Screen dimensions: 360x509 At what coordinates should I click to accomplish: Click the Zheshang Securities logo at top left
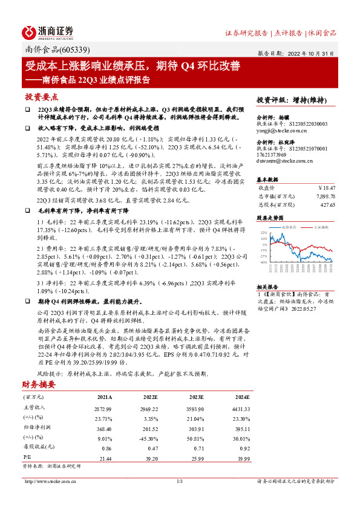click(x=48, y=33)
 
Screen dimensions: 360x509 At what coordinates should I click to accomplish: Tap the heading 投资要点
click(x=42, y=97)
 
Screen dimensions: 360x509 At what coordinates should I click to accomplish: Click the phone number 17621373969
click(x=273, y=155)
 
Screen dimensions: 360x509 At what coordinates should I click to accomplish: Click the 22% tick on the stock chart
click(x=263, y=232)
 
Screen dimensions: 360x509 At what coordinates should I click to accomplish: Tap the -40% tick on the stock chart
click(x=263, y=262)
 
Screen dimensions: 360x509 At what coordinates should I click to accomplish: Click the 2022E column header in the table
click(x=151, y=397)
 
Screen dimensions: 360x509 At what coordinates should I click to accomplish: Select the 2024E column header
click(x=241, y=397)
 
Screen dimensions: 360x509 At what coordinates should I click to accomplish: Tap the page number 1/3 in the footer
click(x=180, y=481)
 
